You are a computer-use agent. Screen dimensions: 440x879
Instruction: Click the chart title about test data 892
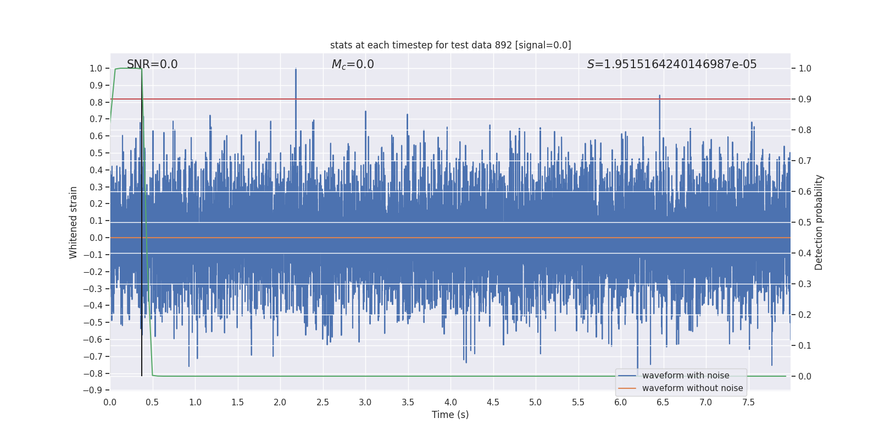450,45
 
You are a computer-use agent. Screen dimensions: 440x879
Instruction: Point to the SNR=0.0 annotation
152,64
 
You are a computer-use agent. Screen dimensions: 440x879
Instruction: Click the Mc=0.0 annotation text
353,64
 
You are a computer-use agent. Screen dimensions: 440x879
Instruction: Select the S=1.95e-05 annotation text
671,64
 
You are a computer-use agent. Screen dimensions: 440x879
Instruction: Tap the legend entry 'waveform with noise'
685,376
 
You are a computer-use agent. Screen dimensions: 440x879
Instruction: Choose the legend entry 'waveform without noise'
692,388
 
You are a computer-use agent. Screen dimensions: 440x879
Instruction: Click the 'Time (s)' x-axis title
450,415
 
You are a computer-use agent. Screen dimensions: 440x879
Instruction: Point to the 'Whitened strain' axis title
73,222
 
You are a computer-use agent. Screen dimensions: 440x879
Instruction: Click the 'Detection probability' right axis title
819,222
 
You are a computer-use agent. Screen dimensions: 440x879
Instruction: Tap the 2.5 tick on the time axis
322,403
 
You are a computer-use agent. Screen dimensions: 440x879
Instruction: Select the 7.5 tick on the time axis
748,403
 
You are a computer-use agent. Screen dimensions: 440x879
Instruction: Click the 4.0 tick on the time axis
450,403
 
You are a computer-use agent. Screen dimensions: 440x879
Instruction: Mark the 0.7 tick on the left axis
96,119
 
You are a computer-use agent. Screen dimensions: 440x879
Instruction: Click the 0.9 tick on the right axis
805,100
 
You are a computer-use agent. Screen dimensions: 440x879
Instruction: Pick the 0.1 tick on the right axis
805,346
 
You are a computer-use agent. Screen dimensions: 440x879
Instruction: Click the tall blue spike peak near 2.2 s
296,69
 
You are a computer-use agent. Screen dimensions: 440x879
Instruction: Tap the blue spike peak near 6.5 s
660,96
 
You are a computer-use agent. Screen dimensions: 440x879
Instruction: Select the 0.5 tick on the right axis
805,223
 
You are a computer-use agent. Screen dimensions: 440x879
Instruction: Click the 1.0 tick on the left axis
96,69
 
